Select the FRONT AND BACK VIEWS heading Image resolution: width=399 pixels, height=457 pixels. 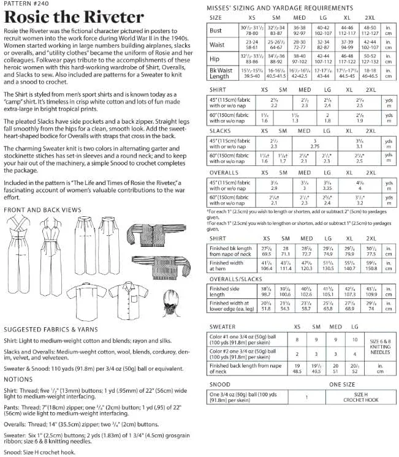coord(42,210)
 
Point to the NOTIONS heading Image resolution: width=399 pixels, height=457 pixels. coord(19,379)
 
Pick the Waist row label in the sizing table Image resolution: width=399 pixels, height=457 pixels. coord(217,43)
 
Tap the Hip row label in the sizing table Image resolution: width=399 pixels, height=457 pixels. coord(214,59)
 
